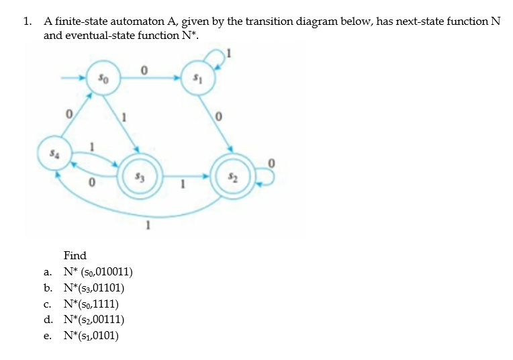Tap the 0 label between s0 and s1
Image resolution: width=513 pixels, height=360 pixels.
[x=144, y=69]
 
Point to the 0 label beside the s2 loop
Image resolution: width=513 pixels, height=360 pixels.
[x=271, y=162]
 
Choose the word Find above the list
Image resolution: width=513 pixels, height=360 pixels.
[x=75, y=256]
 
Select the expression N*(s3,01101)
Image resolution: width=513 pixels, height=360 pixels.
[x=93, y=288]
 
